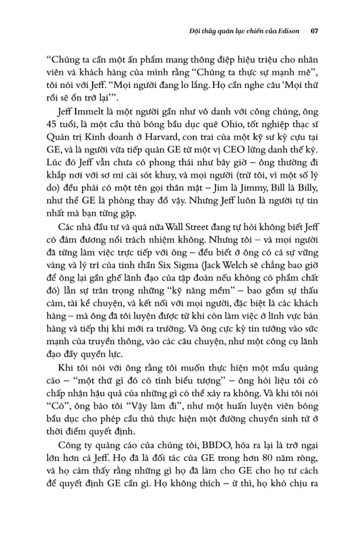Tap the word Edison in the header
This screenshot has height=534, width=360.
289,32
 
